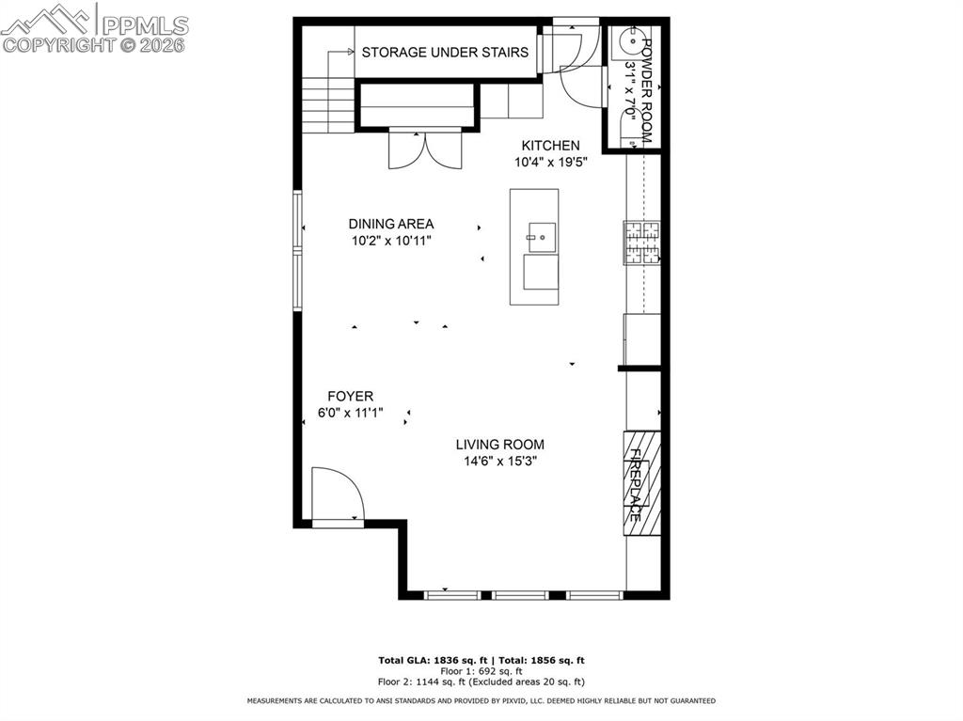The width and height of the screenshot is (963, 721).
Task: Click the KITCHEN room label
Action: tap(551, 146)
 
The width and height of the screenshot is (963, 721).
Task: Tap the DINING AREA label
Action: tap(391, 224)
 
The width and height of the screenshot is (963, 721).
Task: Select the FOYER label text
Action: tap(350, 397)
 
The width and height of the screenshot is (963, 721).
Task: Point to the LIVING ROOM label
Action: tap(499, 445)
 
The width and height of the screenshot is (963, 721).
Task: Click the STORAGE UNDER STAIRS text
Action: tap(445, 53)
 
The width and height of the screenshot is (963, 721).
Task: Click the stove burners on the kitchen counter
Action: tap(643, 242)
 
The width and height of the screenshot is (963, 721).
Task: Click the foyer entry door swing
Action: tap(337, 494)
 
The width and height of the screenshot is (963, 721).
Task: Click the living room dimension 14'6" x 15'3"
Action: tap(499, 462)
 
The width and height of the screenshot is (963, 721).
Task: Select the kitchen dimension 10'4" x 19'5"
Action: tap(551, 162)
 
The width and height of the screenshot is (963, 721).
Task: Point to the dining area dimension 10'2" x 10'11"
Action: tap(391, 241)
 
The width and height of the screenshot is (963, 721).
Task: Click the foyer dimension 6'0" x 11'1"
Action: tap(350, 413)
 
